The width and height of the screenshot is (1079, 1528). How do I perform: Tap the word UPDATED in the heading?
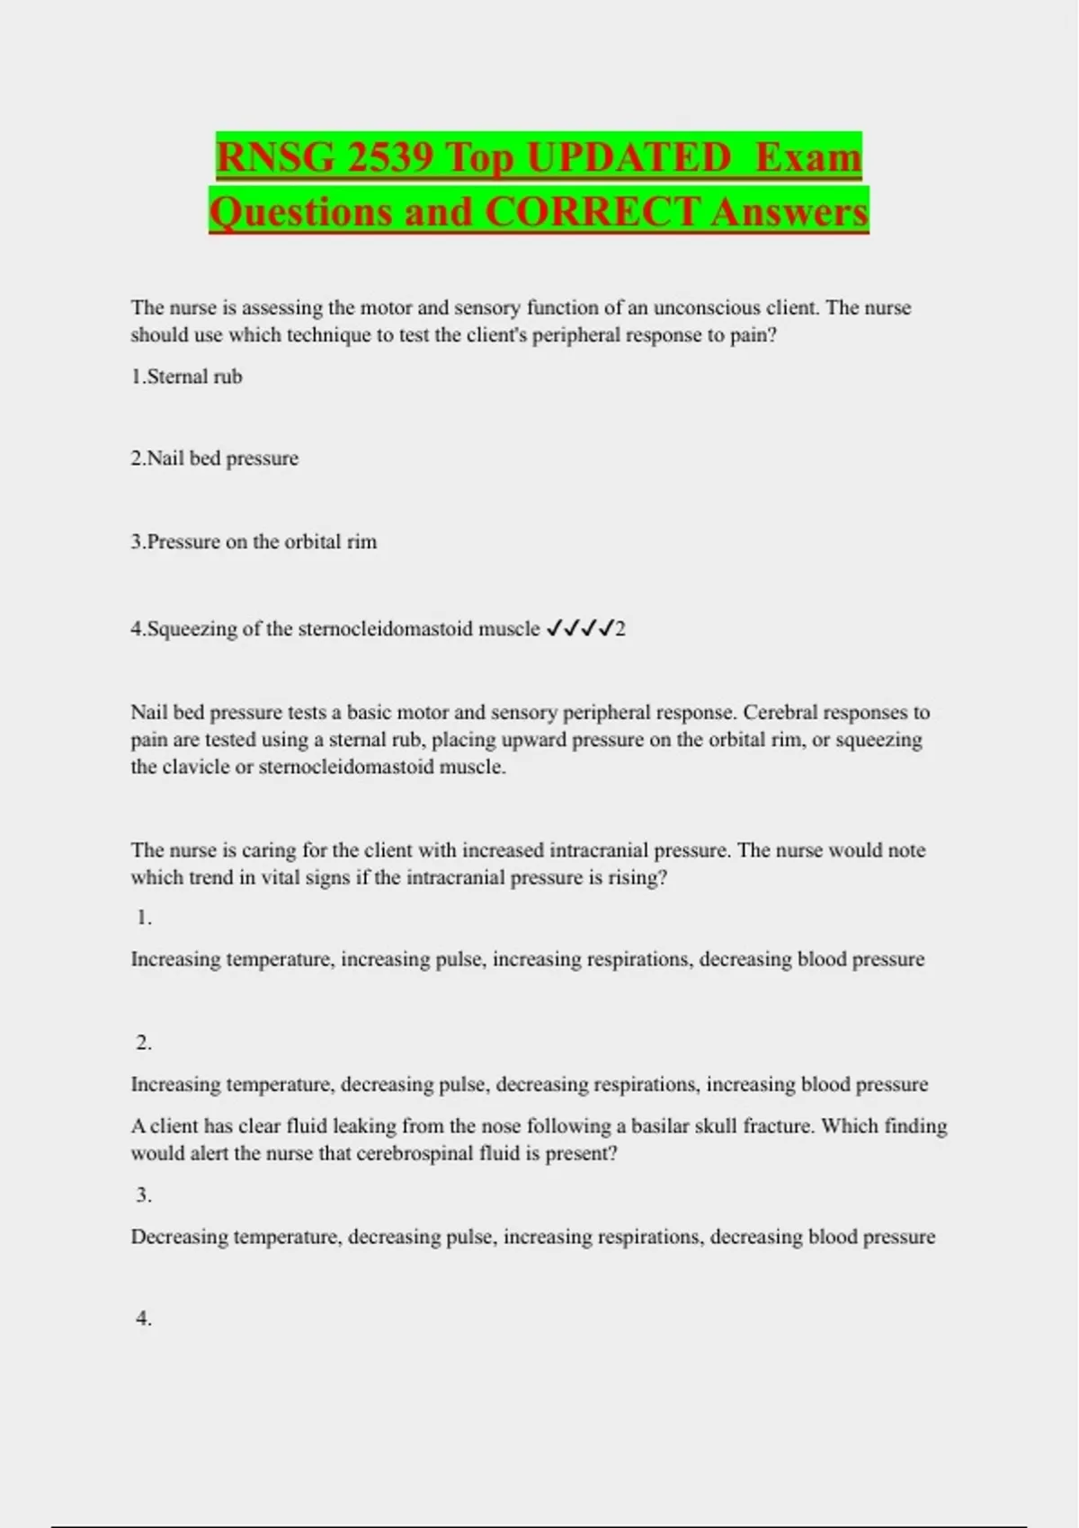[x=629, y=158]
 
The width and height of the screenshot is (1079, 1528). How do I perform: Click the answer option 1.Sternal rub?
[x=186, y=377]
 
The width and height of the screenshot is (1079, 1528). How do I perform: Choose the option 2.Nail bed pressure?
[x=214, y=458]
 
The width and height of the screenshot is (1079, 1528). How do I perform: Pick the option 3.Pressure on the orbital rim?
[x=254, y=542]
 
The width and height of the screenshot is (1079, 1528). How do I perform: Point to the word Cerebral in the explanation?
[x=780, y=713]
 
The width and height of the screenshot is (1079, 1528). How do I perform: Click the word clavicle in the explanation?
[x=196, y=768]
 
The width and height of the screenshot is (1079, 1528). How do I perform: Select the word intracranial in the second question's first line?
[x=598, y=850]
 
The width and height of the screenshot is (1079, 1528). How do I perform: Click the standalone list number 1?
[x=144, y=918]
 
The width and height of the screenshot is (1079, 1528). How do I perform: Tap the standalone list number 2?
[x=144, y=1043]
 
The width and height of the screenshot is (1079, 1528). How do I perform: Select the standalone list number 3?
[x=144, y=1195]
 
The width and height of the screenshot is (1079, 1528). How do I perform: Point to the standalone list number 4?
[x=144, y=1319]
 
